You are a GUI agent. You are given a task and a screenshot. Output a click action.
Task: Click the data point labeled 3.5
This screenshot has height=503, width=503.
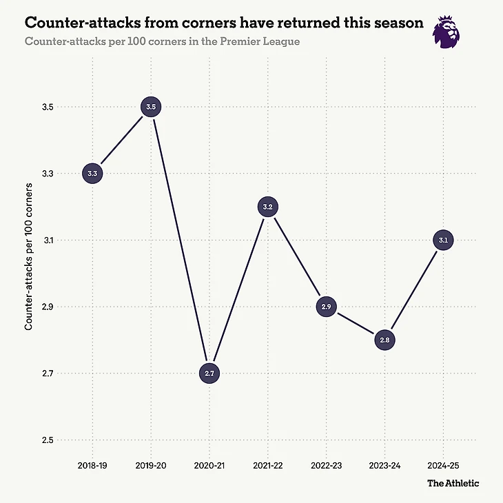point(152,107)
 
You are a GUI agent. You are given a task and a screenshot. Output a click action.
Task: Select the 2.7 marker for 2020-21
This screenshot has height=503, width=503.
point(210,373)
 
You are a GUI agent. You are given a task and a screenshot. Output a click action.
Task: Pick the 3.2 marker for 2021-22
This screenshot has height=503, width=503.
point(269,207)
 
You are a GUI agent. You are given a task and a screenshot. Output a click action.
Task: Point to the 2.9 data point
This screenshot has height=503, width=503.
point(327,307)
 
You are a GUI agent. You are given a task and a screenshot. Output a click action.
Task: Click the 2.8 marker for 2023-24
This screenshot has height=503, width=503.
point(385,340)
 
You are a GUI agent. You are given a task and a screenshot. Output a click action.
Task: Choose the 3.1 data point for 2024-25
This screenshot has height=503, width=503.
point(444,240)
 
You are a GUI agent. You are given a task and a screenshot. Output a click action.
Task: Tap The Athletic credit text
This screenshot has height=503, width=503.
point(453,483)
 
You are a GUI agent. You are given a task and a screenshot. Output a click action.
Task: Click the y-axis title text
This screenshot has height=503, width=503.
point(29,256)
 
